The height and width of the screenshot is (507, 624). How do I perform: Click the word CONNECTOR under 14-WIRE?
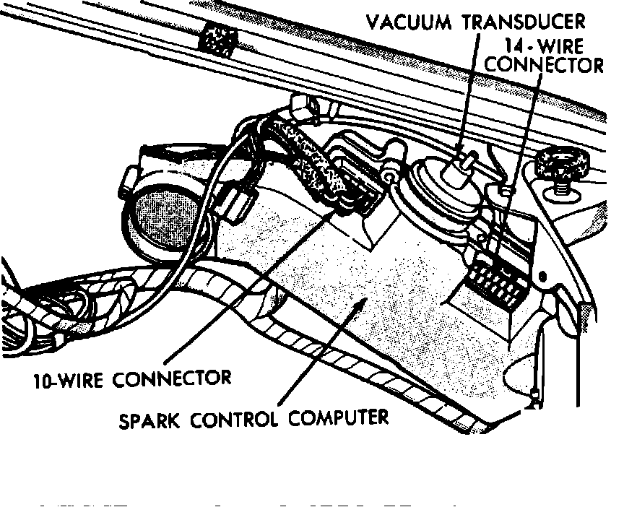(544, 65)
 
